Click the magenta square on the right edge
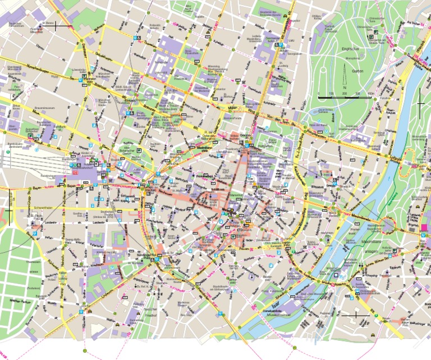tap(424, 227)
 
